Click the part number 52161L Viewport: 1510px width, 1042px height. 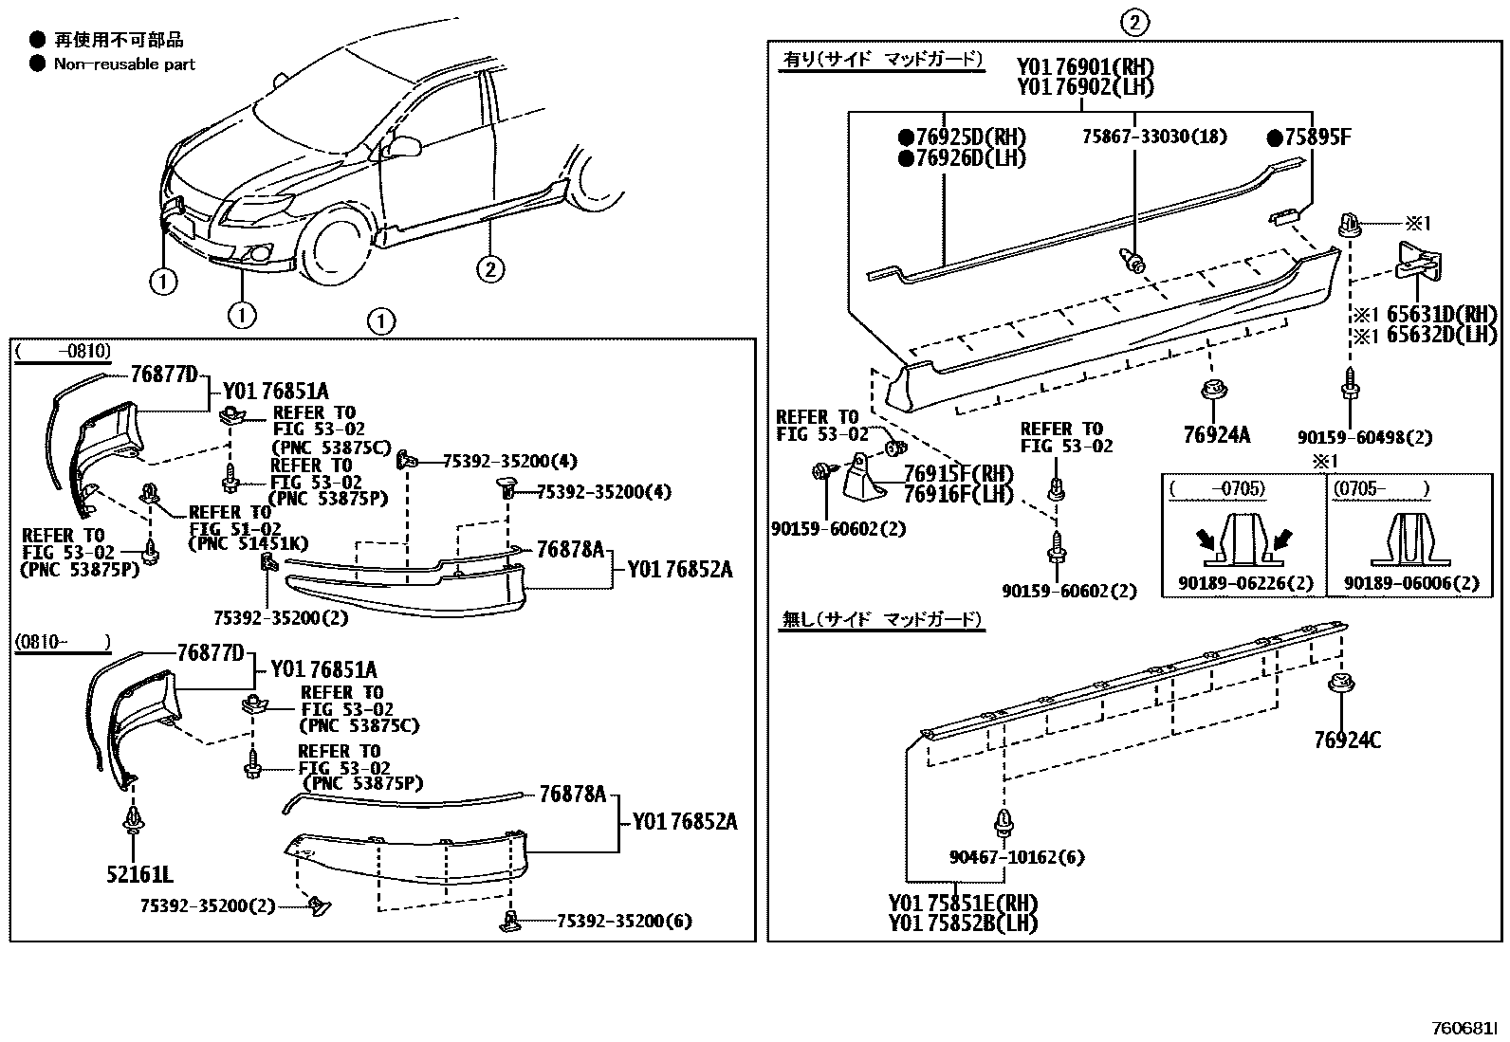[x=139, y=873]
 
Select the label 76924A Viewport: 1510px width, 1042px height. [x=1216, y=435]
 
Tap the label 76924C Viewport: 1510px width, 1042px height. [x=1347, y=740]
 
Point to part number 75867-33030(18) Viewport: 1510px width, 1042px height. [x=1154, y=137]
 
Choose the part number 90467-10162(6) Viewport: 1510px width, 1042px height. [x=1016, y=857]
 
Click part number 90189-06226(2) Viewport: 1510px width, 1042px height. [x=1244, y=583]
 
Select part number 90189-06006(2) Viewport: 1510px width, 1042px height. [x=1411, y=583]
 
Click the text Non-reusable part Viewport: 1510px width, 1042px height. [x=124, y=64]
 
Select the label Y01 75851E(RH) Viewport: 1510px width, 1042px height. [x=962, y=903]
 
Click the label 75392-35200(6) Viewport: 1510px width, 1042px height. [x=624, y=920]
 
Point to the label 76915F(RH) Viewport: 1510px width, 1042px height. [x=958, y=473]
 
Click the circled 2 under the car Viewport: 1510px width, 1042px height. [x=489, y=269]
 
